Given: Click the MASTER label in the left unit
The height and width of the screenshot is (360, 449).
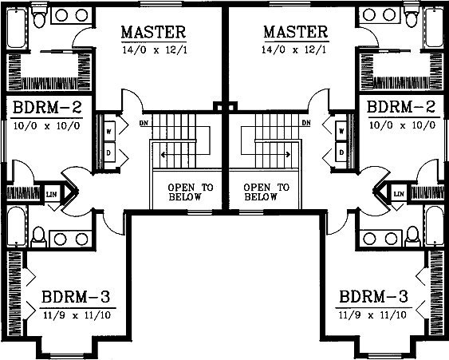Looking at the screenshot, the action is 153,32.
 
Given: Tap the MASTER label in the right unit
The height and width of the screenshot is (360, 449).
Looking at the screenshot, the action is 296,32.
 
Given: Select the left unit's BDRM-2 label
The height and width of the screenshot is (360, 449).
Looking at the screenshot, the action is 47,108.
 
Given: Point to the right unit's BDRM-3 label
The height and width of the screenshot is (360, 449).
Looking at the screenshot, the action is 373,297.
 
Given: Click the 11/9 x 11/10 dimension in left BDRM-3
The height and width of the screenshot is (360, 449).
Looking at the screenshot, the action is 77,315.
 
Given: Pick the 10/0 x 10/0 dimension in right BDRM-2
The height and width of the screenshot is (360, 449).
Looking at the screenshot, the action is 402,125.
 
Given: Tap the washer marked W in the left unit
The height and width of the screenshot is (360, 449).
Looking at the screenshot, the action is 109,131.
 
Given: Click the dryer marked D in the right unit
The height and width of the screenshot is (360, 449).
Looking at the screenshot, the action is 341,152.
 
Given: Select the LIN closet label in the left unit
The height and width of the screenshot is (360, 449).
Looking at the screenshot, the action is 52,195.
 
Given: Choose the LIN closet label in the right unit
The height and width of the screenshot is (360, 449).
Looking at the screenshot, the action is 399,194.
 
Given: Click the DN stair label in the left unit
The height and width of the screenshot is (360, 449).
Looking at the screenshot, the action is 144,123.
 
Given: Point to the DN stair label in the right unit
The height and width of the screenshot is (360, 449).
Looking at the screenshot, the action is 306,123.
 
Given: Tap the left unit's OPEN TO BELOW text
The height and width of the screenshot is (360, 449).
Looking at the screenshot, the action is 191,192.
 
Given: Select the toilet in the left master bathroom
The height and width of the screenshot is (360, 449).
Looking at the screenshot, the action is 38,17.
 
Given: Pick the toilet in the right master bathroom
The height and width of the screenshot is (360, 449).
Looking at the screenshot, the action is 411,17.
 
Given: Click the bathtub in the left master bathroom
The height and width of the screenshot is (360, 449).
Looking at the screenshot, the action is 17,28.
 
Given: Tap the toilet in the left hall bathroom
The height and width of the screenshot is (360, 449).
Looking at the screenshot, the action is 38,237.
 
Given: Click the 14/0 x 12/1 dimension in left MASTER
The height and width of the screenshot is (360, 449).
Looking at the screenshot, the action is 155,50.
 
